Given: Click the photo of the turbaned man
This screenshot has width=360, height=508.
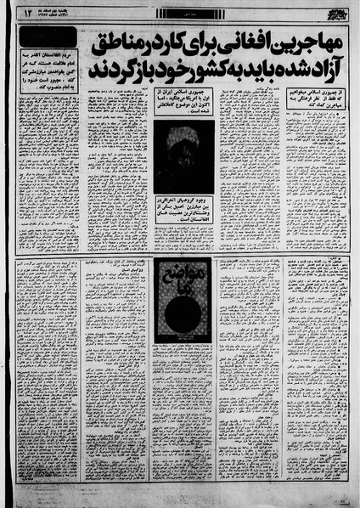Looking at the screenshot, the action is pyautogui.click(x=183, y=156).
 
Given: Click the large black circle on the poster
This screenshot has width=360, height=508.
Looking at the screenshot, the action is pyautogui.click(x=181, y=311).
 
